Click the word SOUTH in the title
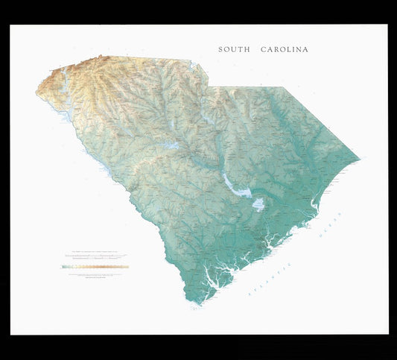pyautogui.click(x=233, y=50)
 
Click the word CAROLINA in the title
pyautogui.click(x=284, y=50)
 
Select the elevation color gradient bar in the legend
pyautogui.click(x=96, y=266)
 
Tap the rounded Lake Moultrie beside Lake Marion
pyautogui.click(x=258, y=204)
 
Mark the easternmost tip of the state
pyautogui.click(x=360, y=158)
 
